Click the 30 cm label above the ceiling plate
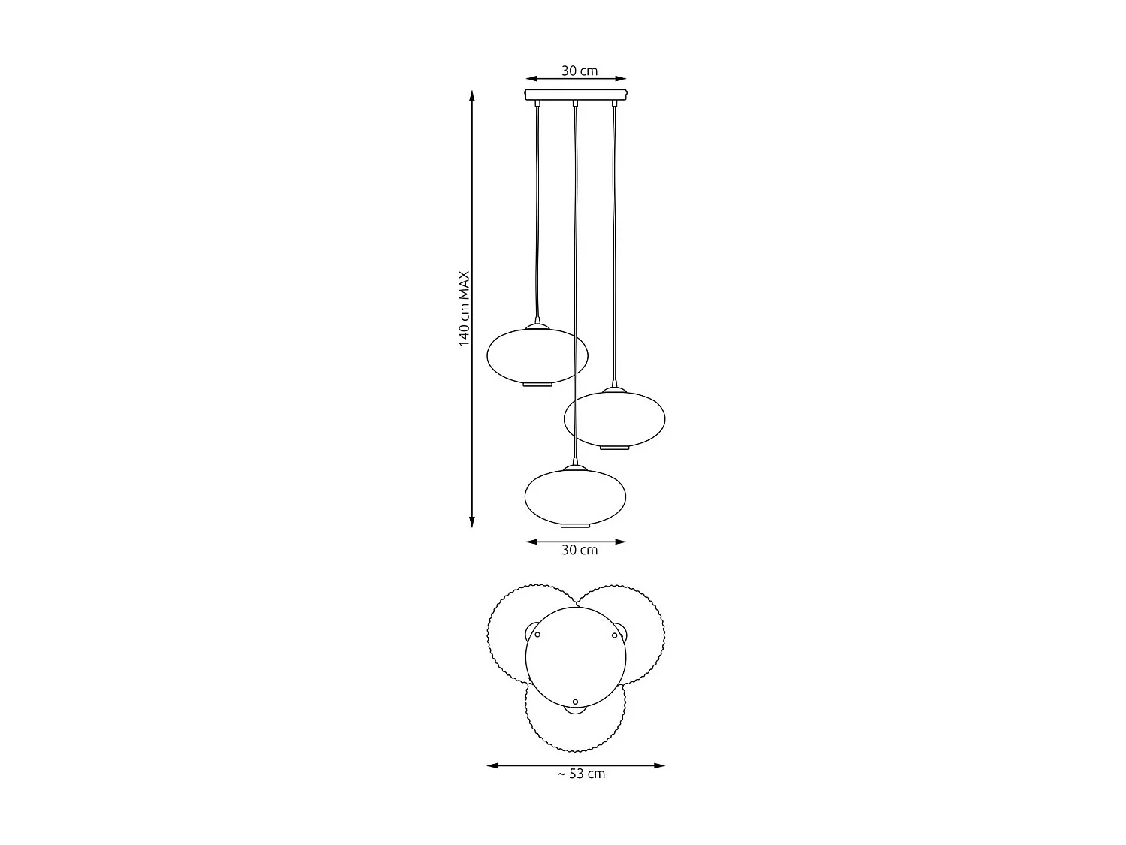point(580,71)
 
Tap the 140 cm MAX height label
point(465,309)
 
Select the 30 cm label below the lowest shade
point(580,550)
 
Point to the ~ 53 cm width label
point(580,774)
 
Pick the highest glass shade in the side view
point(537,355)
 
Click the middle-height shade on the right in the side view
point(614,419)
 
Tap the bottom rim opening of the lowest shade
point(576,524)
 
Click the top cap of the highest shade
point(537,327)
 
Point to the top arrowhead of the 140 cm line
point(472,95)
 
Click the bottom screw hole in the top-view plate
point(576,702)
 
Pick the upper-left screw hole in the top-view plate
point(537,635)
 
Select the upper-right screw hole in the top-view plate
point(614,635)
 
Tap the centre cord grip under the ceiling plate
point(575,103)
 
